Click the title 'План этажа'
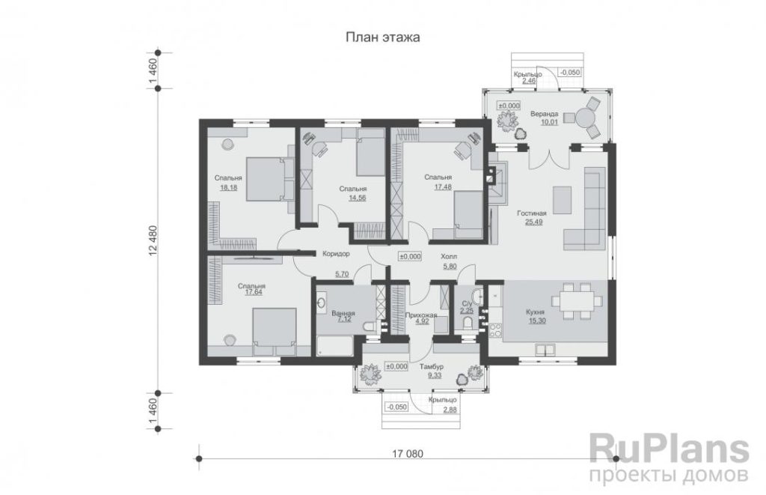382,37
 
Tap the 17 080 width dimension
408,453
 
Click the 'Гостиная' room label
532,213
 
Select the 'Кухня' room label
535,312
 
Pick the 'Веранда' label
545,114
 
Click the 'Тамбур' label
432,366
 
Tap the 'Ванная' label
343,314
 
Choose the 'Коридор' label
336,254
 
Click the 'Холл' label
449,256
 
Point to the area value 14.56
357,198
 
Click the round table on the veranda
584,118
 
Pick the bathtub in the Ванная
334,346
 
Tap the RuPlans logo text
669,449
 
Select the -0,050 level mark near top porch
569,73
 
